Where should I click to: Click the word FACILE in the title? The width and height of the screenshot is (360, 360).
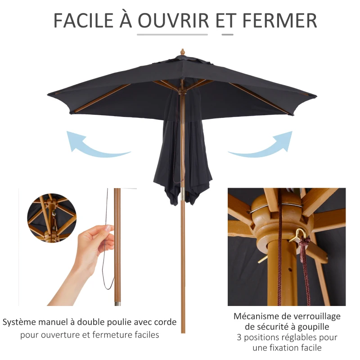pyautogui.click(x=84, y=20)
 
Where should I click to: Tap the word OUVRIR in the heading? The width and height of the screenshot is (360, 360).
pyautogui.click(x=173, y=20)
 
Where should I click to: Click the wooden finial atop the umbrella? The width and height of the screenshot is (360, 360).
pyautogui.click(x=182, y=52)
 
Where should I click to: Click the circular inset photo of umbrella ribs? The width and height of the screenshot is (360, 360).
pyautogui.click(x=51, y=218)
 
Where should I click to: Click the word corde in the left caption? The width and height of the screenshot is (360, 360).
pyautogui.click(x=164, y=322)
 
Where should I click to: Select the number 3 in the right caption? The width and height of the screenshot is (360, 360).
pyautogui.click(x=238, y=337)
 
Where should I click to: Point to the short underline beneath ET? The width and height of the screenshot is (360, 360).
pyautogui.click(x=227, y=34)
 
